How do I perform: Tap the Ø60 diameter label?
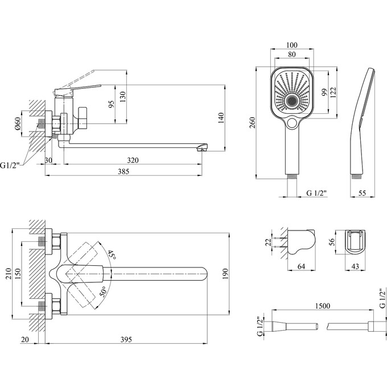click(18, 125)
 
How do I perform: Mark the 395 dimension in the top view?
click(126, 340)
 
